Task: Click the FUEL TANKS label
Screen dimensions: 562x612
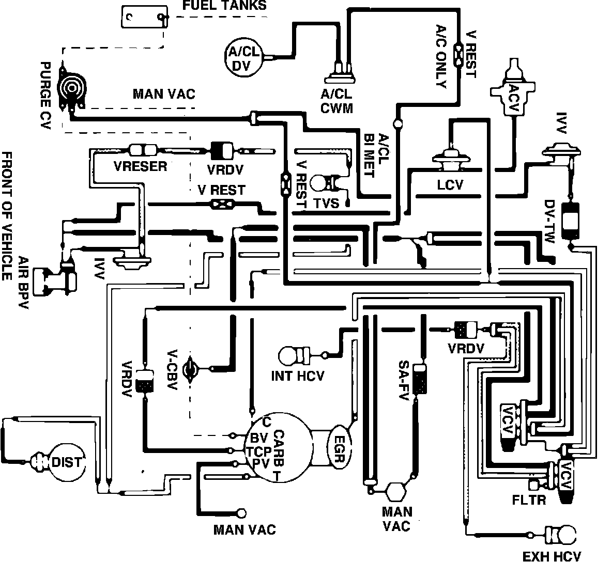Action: (225, 6)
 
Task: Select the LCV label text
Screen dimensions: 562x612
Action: (450, 184)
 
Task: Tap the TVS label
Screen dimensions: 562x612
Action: (326, 202)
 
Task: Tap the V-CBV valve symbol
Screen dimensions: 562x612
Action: (193, 368)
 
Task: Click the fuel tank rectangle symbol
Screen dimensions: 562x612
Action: (144, 18)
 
